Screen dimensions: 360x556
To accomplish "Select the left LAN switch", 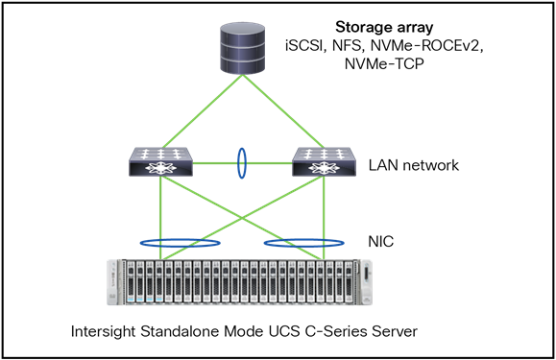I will pos(160,163).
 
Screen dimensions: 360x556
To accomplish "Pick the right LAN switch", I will pos(324,163).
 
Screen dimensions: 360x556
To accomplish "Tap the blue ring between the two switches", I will pos(241,164).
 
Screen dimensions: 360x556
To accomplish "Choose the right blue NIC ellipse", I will pos(305,243).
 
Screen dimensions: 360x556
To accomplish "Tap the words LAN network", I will pos(415,165).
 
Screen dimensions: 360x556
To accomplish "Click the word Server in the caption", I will pos(396,332).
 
